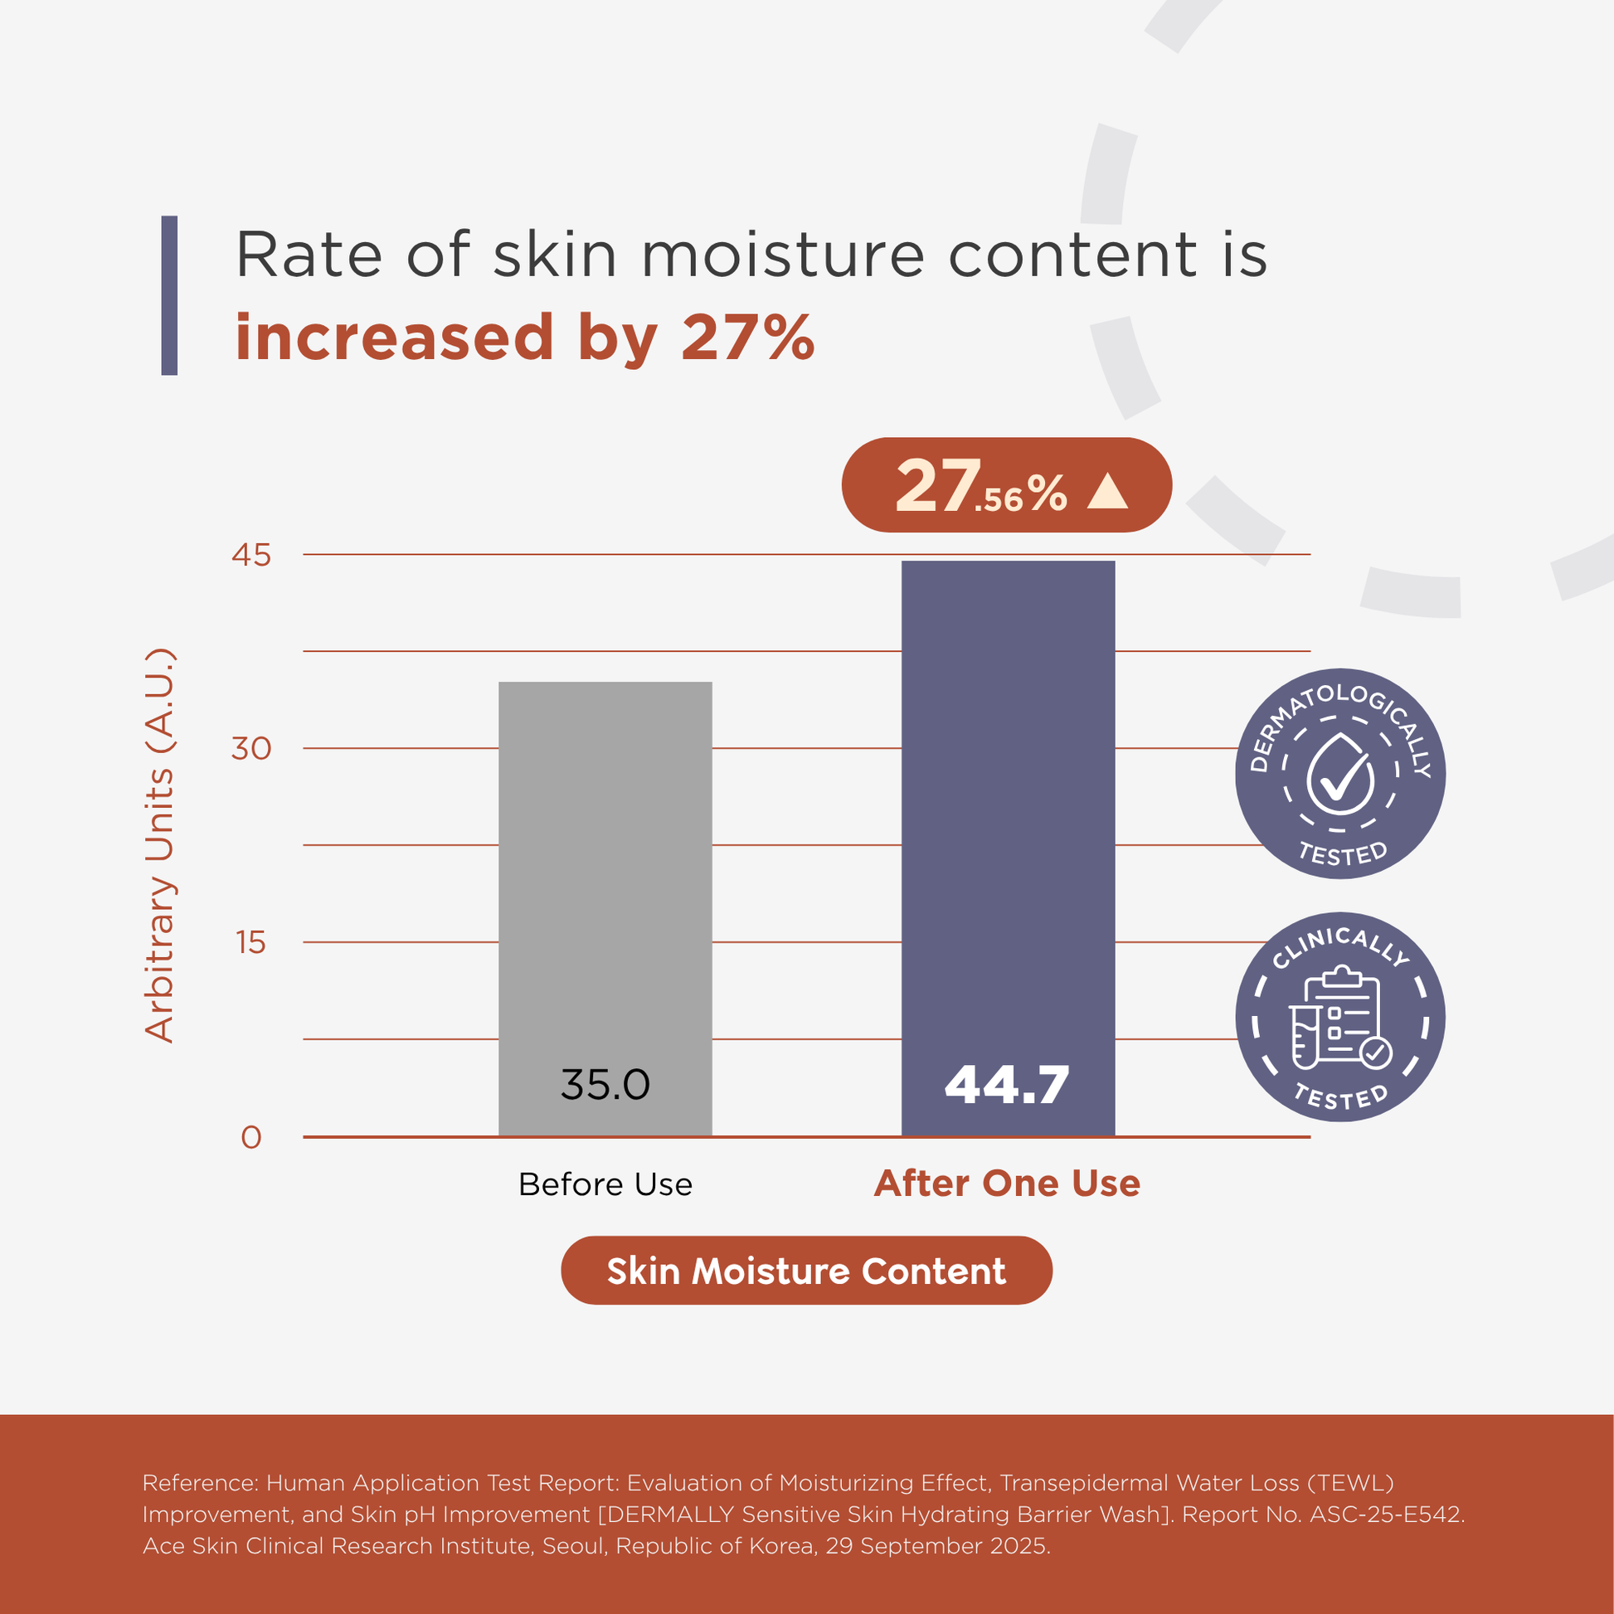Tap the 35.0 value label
tap(605, 1084)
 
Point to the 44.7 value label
tap(1007, 1084)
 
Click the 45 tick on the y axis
tap(251, 555)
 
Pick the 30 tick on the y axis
tap(251, 748)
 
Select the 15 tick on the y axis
tap(251, 942)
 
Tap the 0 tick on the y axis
tap(251, 1137)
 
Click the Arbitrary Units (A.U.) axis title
tap(158, 845)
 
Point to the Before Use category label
tap(605, 1184)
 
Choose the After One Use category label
tap(1007, 1183)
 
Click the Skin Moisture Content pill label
tap(806, 1271)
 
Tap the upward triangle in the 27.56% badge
tap(1108, 491)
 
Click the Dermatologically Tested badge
tap(1340, 774)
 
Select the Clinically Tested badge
tap(1340, 1017)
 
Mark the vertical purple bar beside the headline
tap(169, 296)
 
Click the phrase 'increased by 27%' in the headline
tap(525, 338)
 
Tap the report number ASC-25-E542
tap(1387, 1514)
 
